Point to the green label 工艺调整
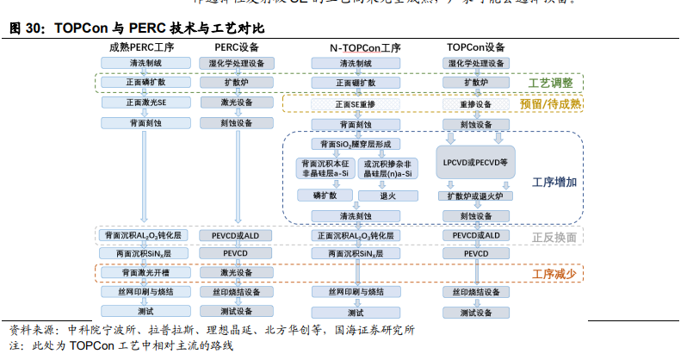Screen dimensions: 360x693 point(550,83)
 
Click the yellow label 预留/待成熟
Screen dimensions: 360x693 point(550,104)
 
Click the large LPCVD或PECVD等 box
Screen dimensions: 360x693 point(475,162)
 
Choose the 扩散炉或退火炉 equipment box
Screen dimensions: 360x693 point(475,196)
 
